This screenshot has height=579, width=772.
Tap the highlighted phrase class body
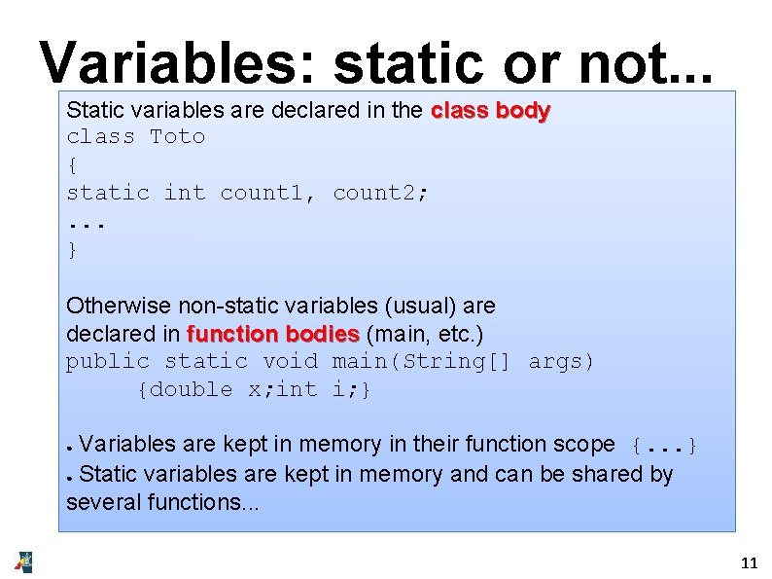coord(490,110)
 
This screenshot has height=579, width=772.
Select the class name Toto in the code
coord(178,137)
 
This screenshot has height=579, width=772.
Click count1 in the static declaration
coord(262,193)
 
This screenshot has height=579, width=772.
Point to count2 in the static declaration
coord(374,193)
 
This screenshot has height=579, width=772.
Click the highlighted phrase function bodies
coord(273,334)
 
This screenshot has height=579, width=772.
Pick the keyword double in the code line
coord(192,390)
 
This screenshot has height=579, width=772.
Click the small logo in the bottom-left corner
coord(23,561)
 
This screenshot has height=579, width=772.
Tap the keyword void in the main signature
coord(290,362)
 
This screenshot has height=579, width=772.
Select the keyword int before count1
coord(185,193)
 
